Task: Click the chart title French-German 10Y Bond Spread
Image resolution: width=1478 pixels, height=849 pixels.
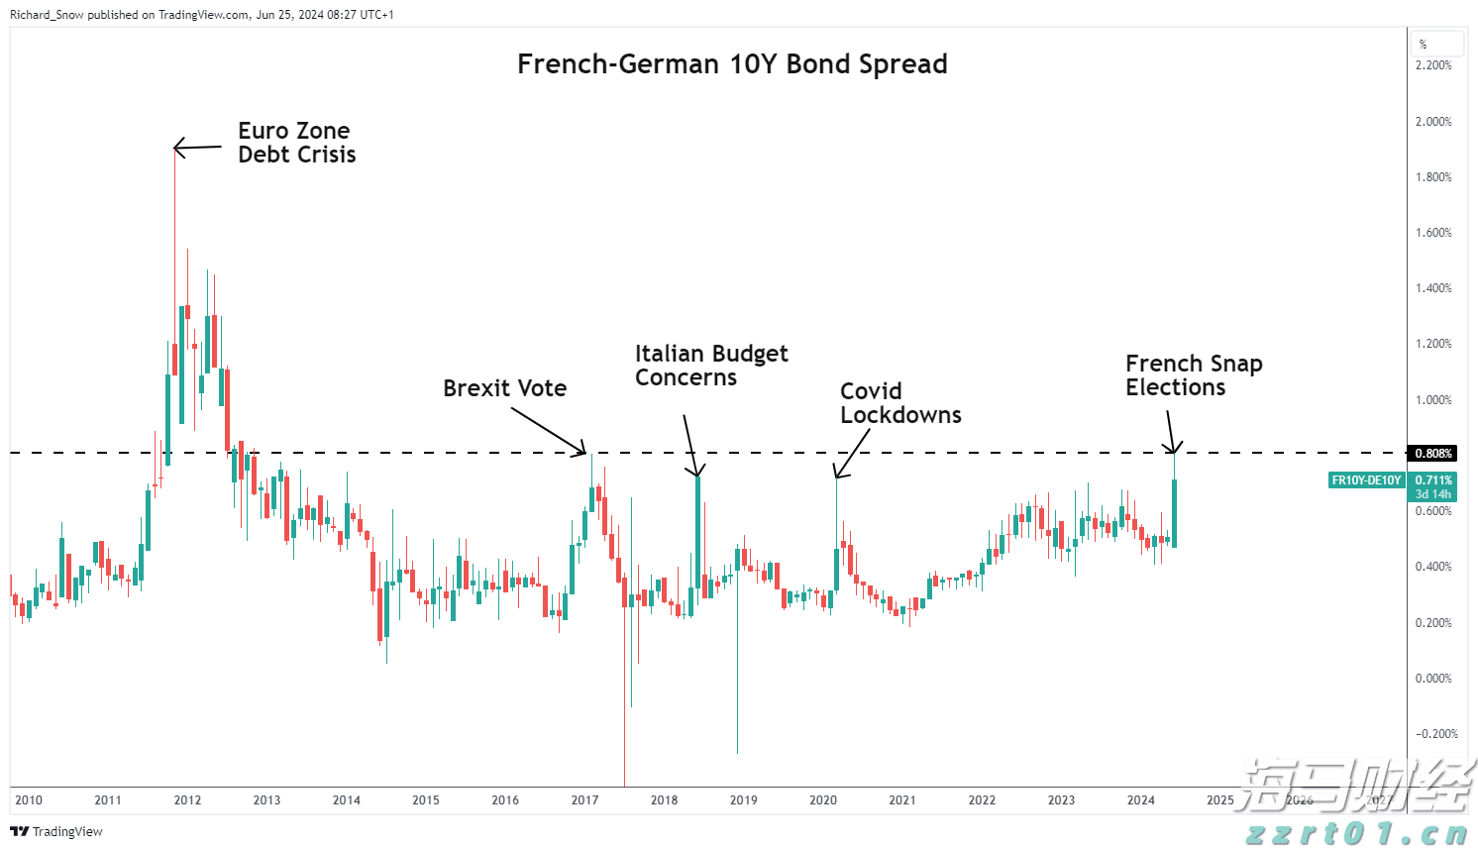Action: pyautogui.click(x=732, y=64)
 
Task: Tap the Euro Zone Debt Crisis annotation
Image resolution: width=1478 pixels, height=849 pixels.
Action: pyautogui.click(x=296, y=143)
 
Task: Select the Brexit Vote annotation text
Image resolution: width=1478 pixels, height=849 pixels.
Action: pyautogui.click(x=504, y=388)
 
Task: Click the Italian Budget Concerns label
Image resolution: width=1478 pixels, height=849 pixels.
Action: pyautogui.click(x=710, y=366)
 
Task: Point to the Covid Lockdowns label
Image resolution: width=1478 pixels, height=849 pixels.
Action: pyautogui.click(x=899, y=403)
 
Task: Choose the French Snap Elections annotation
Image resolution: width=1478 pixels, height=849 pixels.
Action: pyautogui.click(x=1193, y=375)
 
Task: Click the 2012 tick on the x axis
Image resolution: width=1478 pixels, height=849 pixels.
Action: pyautogui.click(x=187, y=800)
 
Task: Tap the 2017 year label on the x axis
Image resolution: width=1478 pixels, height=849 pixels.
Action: pyautogui.click(x=584, y=800)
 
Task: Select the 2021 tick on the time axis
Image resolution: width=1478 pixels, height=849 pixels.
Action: pyautogui.click(x=902, y=800)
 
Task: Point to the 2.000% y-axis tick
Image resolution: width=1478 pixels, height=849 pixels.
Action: pyautogui.click(x=1433, y=122)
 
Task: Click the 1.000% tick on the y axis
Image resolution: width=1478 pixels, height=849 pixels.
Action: pyautogui.click(x=1433, y=400)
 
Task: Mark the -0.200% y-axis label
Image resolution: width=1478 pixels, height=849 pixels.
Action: pyautogui.click(x=1436, y=734)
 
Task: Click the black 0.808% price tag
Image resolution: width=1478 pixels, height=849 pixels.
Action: pyautogui.click(x=1433, y=454)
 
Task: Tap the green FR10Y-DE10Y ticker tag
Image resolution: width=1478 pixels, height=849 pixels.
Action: pyautogui.click(x=1366, y=480)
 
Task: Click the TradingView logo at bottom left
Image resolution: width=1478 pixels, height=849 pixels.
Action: pyautogui.click(x=56, y=831)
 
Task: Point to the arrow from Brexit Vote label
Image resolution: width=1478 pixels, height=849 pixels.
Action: pyautogui.click(x=548, y=430)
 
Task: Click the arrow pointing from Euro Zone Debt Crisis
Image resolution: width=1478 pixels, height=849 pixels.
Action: pyautogui.click(x=198, y=148)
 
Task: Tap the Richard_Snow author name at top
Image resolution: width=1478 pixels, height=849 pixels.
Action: pyautogui.click(x=47, y=15)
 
